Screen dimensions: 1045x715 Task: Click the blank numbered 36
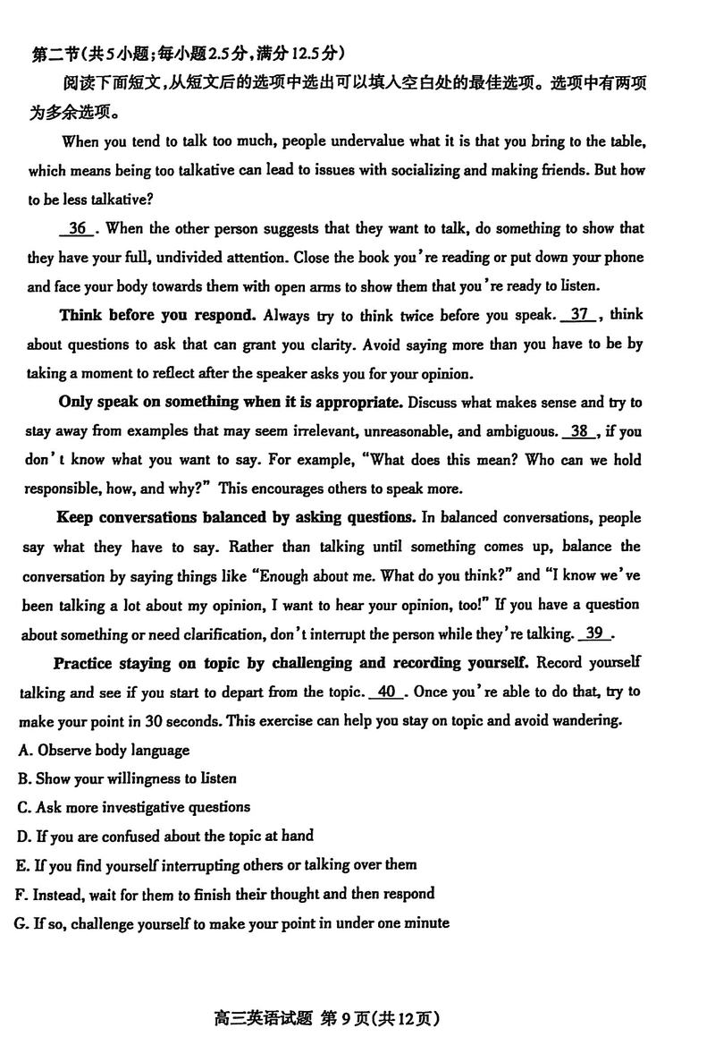(78, 229)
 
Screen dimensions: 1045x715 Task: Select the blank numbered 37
(581, 315)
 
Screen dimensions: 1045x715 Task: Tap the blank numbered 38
(579, 431)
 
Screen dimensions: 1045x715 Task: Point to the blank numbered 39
(595, 633)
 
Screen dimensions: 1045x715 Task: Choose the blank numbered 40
(387, 692)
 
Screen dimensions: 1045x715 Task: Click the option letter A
(22, 751)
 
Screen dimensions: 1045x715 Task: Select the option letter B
(22, 779)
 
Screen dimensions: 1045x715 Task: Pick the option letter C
(22, 808)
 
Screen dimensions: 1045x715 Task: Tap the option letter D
(22, 837)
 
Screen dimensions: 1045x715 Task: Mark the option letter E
(21, 865)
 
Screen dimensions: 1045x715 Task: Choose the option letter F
(21, 894)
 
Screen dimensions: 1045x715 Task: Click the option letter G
(21, 922)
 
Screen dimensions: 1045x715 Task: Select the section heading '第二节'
(55, 55)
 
